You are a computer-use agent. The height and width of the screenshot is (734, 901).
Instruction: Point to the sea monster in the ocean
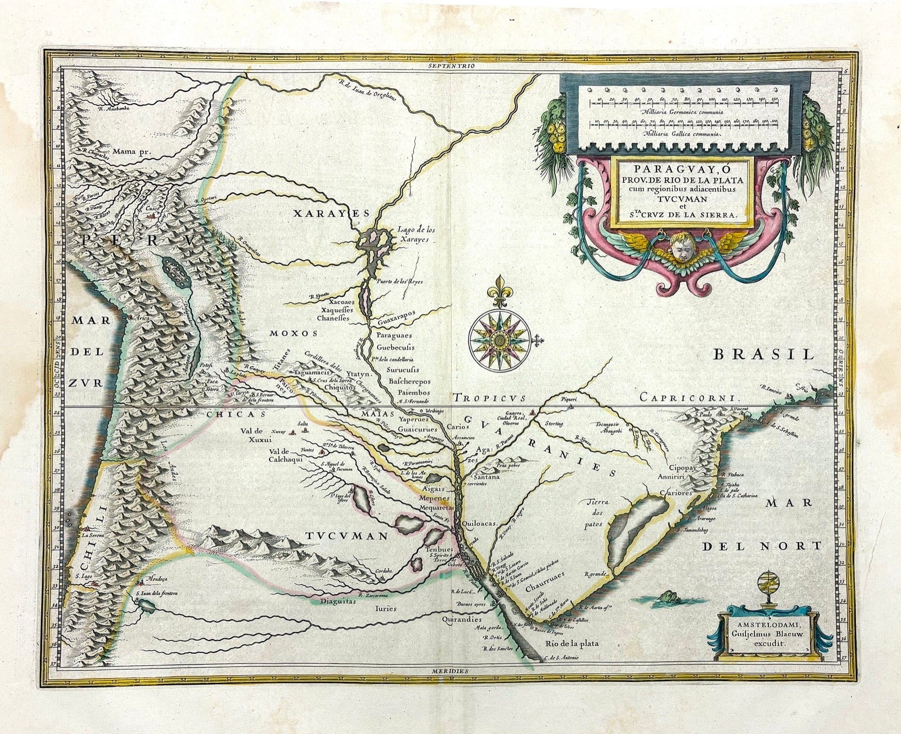[x=668, y=597]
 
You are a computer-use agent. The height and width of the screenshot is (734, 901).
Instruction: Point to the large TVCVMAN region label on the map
[x=347, y=536]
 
